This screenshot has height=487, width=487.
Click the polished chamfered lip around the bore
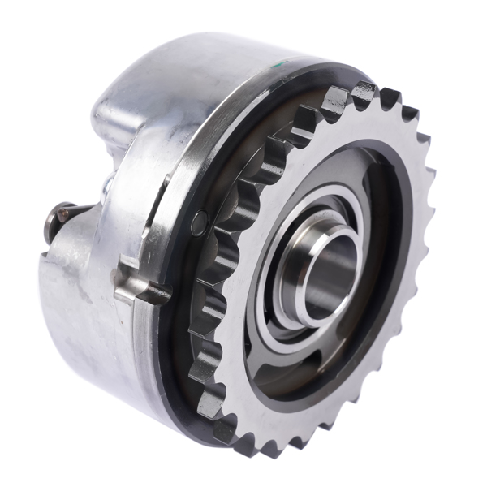pyautogui.click(x=312, y=243)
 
